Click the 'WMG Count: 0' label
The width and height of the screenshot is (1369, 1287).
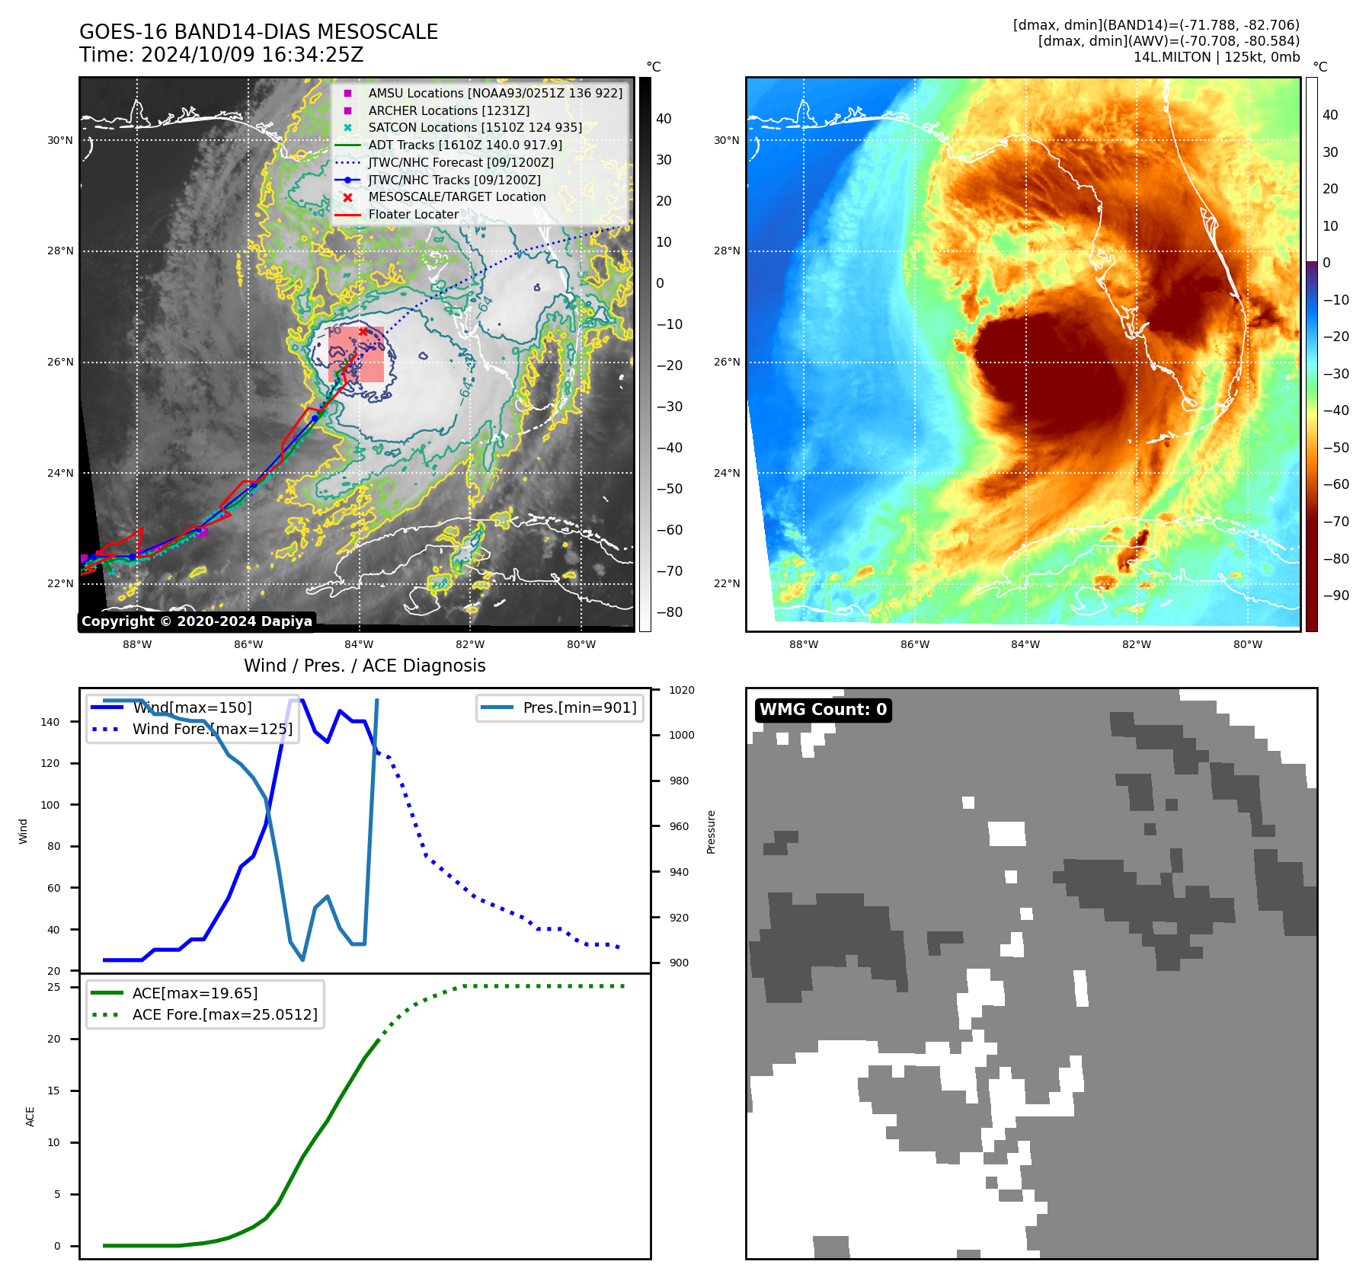[823, 710]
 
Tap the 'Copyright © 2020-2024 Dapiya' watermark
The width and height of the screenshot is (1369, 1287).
[197, 621]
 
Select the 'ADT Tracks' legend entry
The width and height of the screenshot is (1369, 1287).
[465, 145]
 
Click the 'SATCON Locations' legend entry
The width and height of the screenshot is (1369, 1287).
[475, 127]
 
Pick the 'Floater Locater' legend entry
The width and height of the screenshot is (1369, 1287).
[413, 215]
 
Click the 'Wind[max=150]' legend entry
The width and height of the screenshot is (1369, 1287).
[192, 707]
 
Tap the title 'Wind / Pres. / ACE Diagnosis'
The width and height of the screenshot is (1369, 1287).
[364, 666]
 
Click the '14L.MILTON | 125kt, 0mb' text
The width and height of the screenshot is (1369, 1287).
[1216, 57]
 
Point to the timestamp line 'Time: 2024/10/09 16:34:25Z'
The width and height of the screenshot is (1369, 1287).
[221, 55]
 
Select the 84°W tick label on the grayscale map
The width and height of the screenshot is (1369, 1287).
[359, 645]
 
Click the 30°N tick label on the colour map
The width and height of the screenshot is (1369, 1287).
[726, 140]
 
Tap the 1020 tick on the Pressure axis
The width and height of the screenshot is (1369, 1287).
[681, 690]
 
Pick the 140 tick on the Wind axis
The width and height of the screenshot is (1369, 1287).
[50, 722]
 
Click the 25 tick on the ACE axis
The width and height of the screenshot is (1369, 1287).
[54, 987]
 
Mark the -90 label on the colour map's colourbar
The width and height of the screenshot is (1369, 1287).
[1335, 596]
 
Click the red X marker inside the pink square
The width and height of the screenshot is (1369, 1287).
[363, 331]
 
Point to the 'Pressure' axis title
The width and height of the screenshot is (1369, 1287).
[711, 832]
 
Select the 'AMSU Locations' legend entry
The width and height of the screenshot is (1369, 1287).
[494, 93]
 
